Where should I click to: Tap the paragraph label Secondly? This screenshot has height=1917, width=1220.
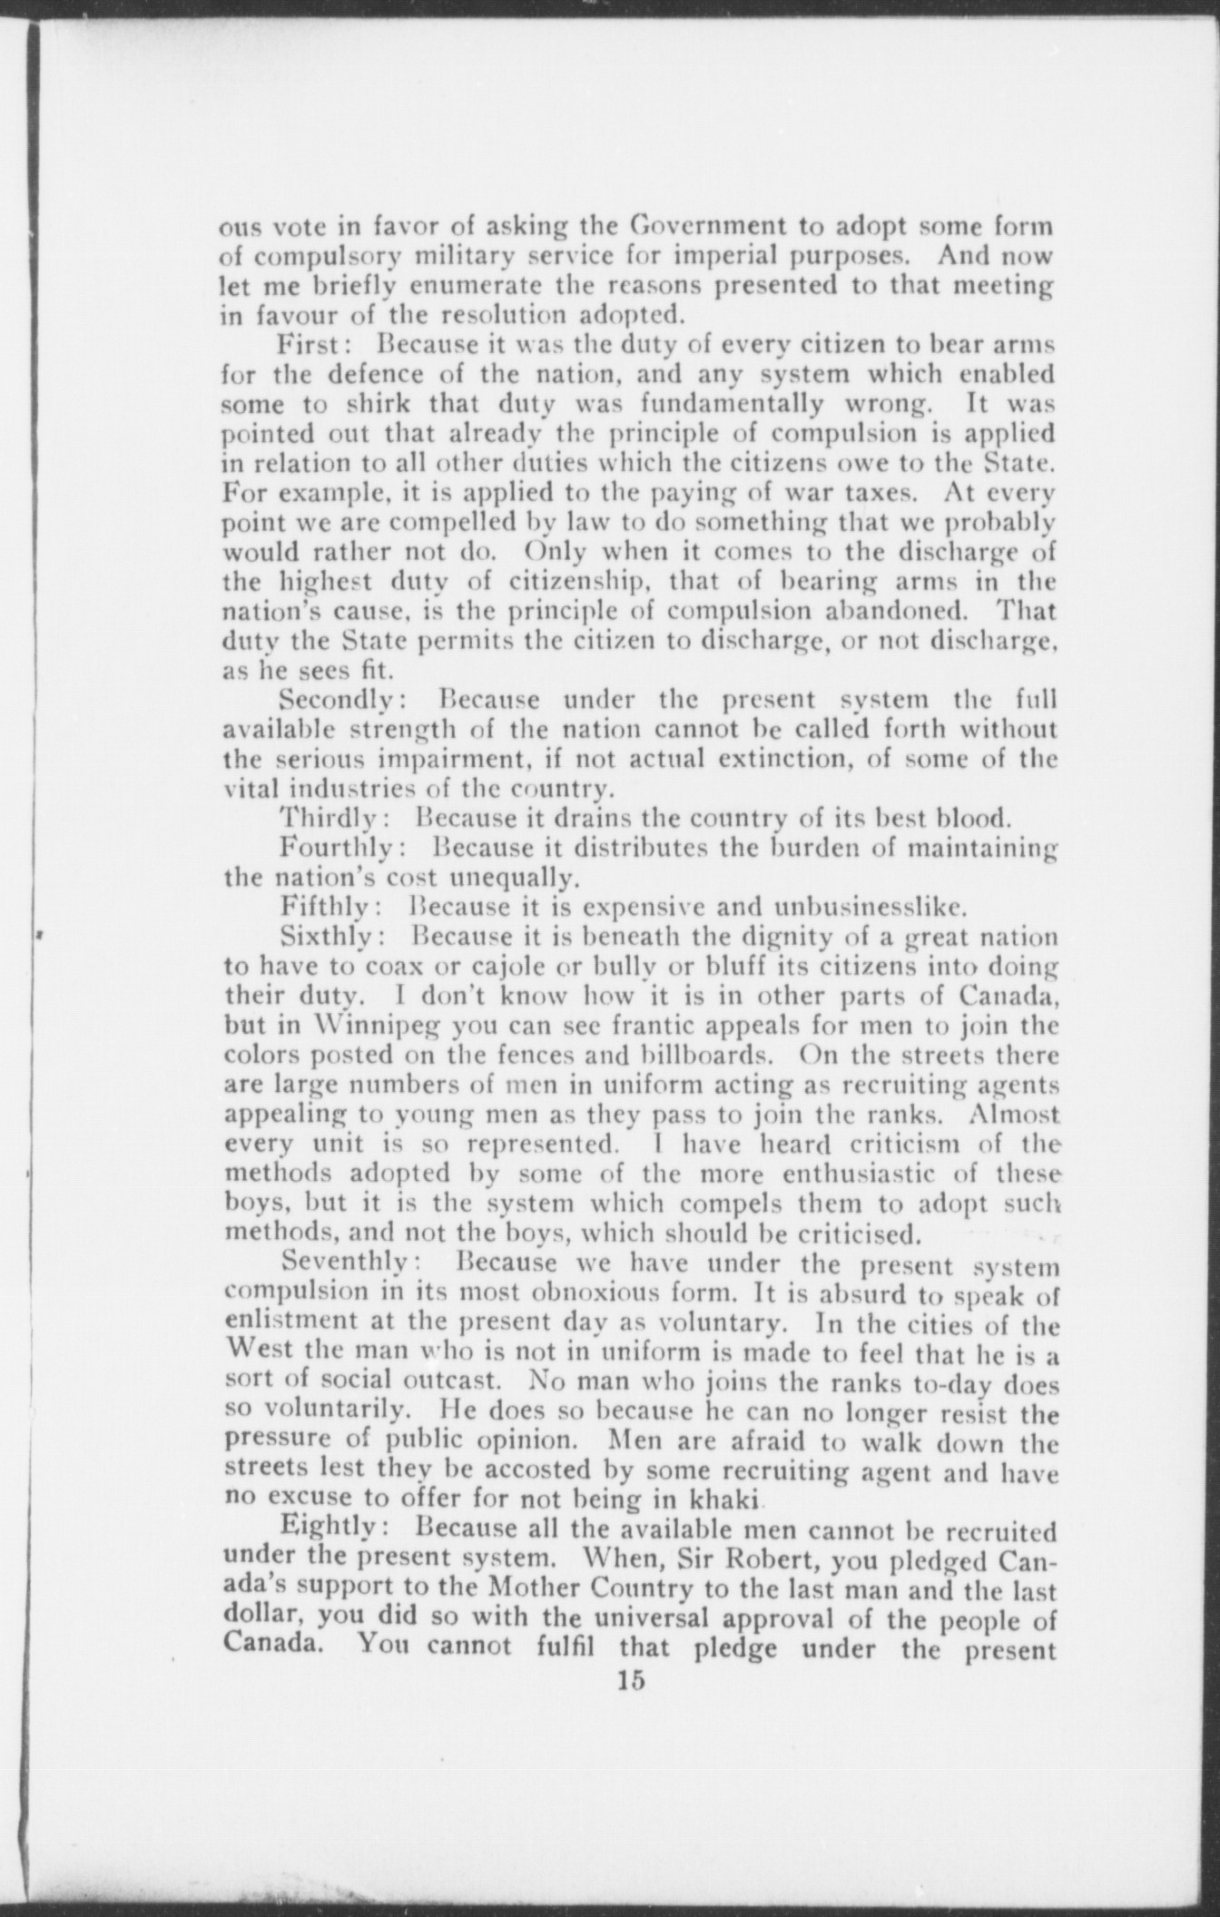click(347, 701)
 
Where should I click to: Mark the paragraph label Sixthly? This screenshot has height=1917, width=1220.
click(336, 936)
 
